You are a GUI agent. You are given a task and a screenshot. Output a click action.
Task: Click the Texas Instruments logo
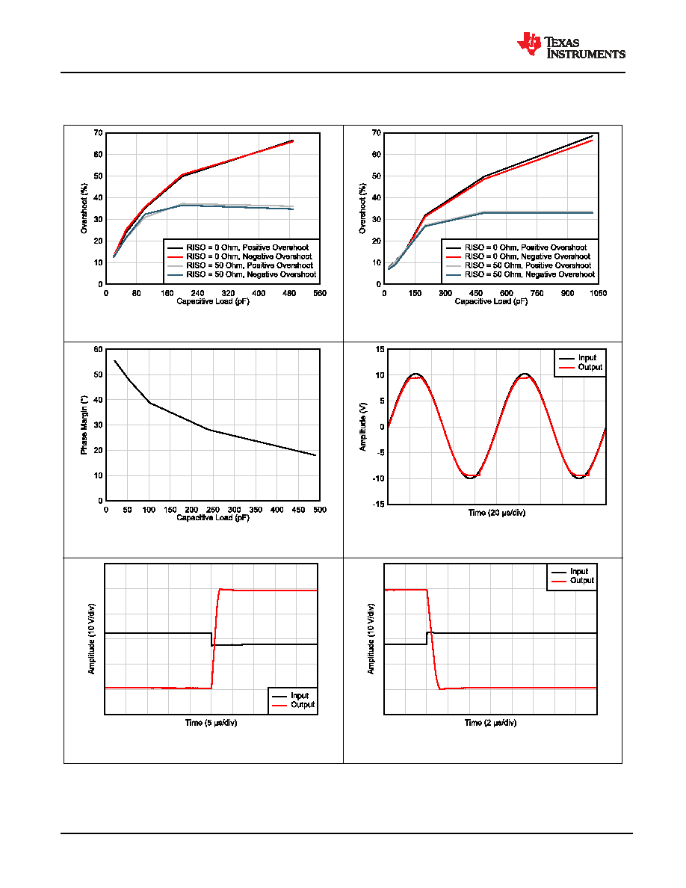(x=570, y=45)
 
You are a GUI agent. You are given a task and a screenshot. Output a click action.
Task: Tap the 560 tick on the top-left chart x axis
(x=320, y=293)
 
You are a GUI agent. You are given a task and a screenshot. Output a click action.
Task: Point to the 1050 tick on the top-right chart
(x=599, y=293)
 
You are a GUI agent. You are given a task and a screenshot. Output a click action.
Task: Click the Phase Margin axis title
(x=84, y=425)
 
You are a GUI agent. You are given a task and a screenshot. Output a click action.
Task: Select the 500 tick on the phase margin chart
(x=320, y=510)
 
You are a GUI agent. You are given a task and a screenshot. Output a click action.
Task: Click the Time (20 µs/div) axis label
(x=496, y=513)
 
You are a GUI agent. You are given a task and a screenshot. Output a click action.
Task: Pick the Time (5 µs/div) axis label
(x=211, y=723)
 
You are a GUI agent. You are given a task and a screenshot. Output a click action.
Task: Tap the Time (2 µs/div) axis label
(x=490, y=723)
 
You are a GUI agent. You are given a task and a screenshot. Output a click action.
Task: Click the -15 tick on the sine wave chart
(x=379, y=504)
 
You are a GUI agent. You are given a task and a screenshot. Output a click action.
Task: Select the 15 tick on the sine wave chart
(x=380, y=349)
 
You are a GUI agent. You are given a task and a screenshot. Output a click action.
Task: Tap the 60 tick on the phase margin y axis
(x=99, y=349)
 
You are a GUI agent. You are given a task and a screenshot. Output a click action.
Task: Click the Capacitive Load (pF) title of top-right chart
(x=491, y=301)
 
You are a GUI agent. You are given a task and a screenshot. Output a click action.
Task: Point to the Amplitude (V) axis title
(x=363, y=427)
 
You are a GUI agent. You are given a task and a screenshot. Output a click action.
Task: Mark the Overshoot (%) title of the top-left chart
(x=84, y=209)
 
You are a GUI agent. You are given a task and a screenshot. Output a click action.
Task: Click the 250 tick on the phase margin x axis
(x=213, y=510)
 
